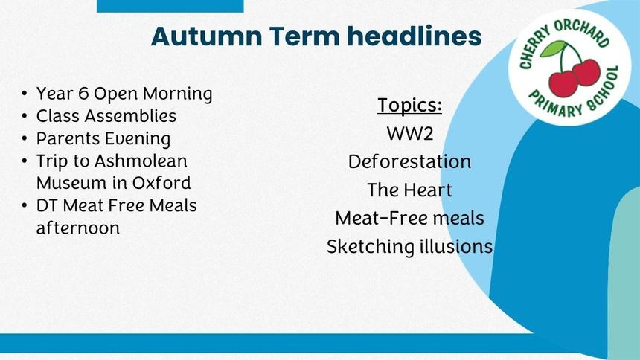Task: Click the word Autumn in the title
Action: [x=207, y=36]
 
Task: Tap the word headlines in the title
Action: [x=415, y=36]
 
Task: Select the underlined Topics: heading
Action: [x=409, y=106]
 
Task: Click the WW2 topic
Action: [x=410, y=133]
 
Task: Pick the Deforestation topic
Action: [x=410, y=161]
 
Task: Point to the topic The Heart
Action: [x=410, y=190]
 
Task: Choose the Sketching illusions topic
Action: [x=410, y=246]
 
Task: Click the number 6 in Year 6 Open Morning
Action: [x=83, y=94]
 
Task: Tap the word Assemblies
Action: [x=131, y=116]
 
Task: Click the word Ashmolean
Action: [x=141, y=161]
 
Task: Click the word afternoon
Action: [x=78, y=228]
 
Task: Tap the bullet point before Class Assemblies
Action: [x=25, y=117]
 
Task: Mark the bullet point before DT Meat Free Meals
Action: [x=25, y=206]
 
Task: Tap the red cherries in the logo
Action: [x=575, y=77]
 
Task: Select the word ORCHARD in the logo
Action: [x=583, y=31]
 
